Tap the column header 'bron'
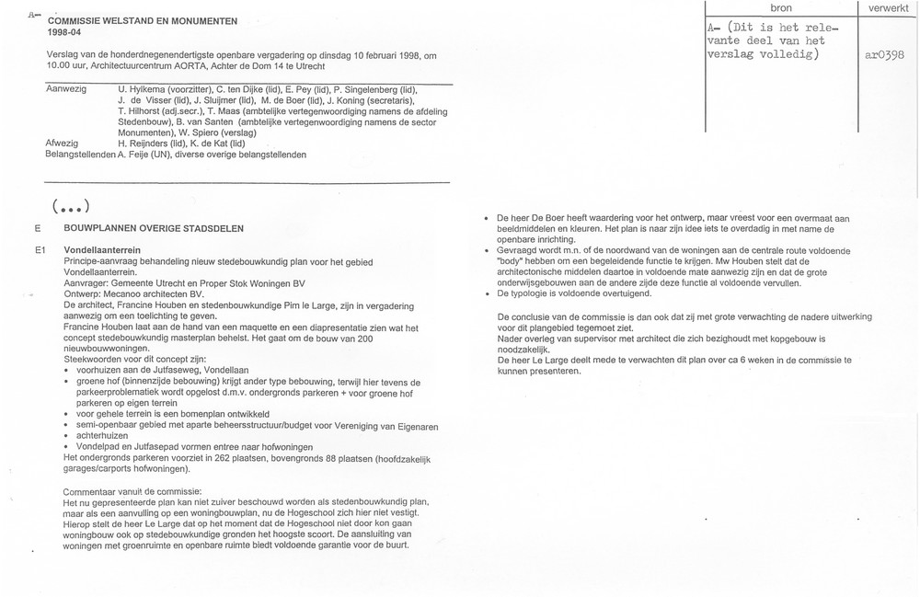coord(780,7)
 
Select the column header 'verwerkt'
coord(886,7)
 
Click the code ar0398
coord(886,55)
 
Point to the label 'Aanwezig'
coord(66,89)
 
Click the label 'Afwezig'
coord(62,144)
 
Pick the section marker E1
coord(40,250)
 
